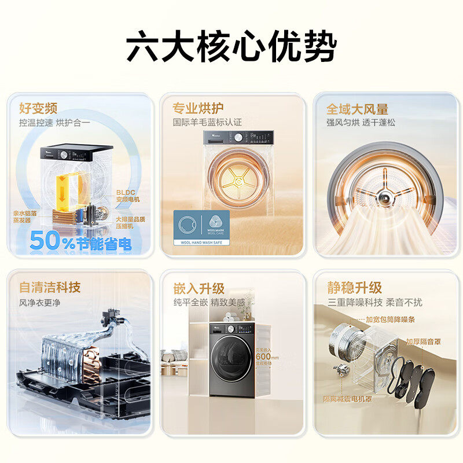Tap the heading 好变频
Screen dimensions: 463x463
coord(38,108)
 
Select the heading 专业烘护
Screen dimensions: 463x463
coord(198,108)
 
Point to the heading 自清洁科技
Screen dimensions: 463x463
coord(50,287)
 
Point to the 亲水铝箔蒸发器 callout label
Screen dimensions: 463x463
coord(25,217)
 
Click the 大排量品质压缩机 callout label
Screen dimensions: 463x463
coord(129,222)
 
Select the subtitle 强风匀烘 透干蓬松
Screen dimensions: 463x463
coord(361,123)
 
